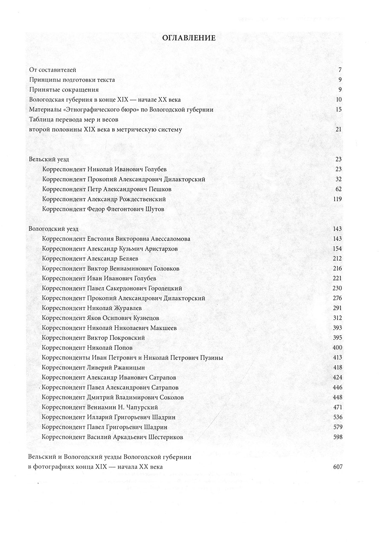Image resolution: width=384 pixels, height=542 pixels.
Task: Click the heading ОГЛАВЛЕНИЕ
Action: [x=189, y=38]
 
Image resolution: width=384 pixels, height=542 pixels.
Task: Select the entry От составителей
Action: [x=52, y=69]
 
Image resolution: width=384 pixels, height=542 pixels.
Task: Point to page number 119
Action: [x=337, y=199]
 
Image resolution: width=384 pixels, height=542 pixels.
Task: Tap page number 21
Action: [x=338, y=130]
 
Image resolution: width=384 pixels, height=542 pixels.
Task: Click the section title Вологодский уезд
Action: [x=53, y=229]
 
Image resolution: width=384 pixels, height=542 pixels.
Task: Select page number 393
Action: [x=337, y=328]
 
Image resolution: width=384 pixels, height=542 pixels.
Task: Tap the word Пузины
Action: [x=212, y=358]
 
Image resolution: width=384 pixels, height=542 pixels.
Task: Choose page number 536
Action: [x=337, y=417]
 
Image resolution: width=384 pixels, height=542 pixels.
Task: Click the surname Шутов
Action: [x=154, y=209]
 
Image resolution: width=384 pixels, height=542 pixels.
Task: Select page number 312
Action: [x=337, y=318]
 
